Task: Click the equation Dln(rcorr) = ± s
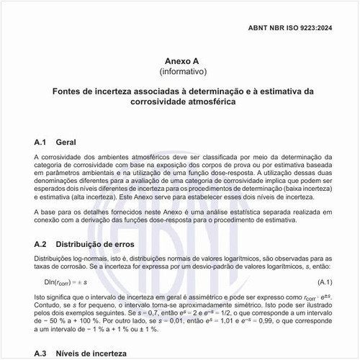coord(66,281)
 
